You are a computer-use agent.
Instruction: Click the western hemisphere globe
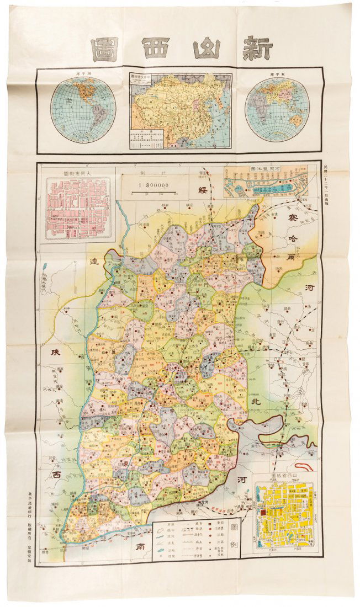pos(83,110)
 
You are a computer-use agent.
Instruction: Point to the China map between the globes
pos(181,111)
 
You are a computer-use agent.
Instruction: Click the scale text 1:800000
pos(153,185)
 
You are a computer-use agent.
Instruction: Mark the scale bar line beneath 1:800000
pos(153,191)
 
